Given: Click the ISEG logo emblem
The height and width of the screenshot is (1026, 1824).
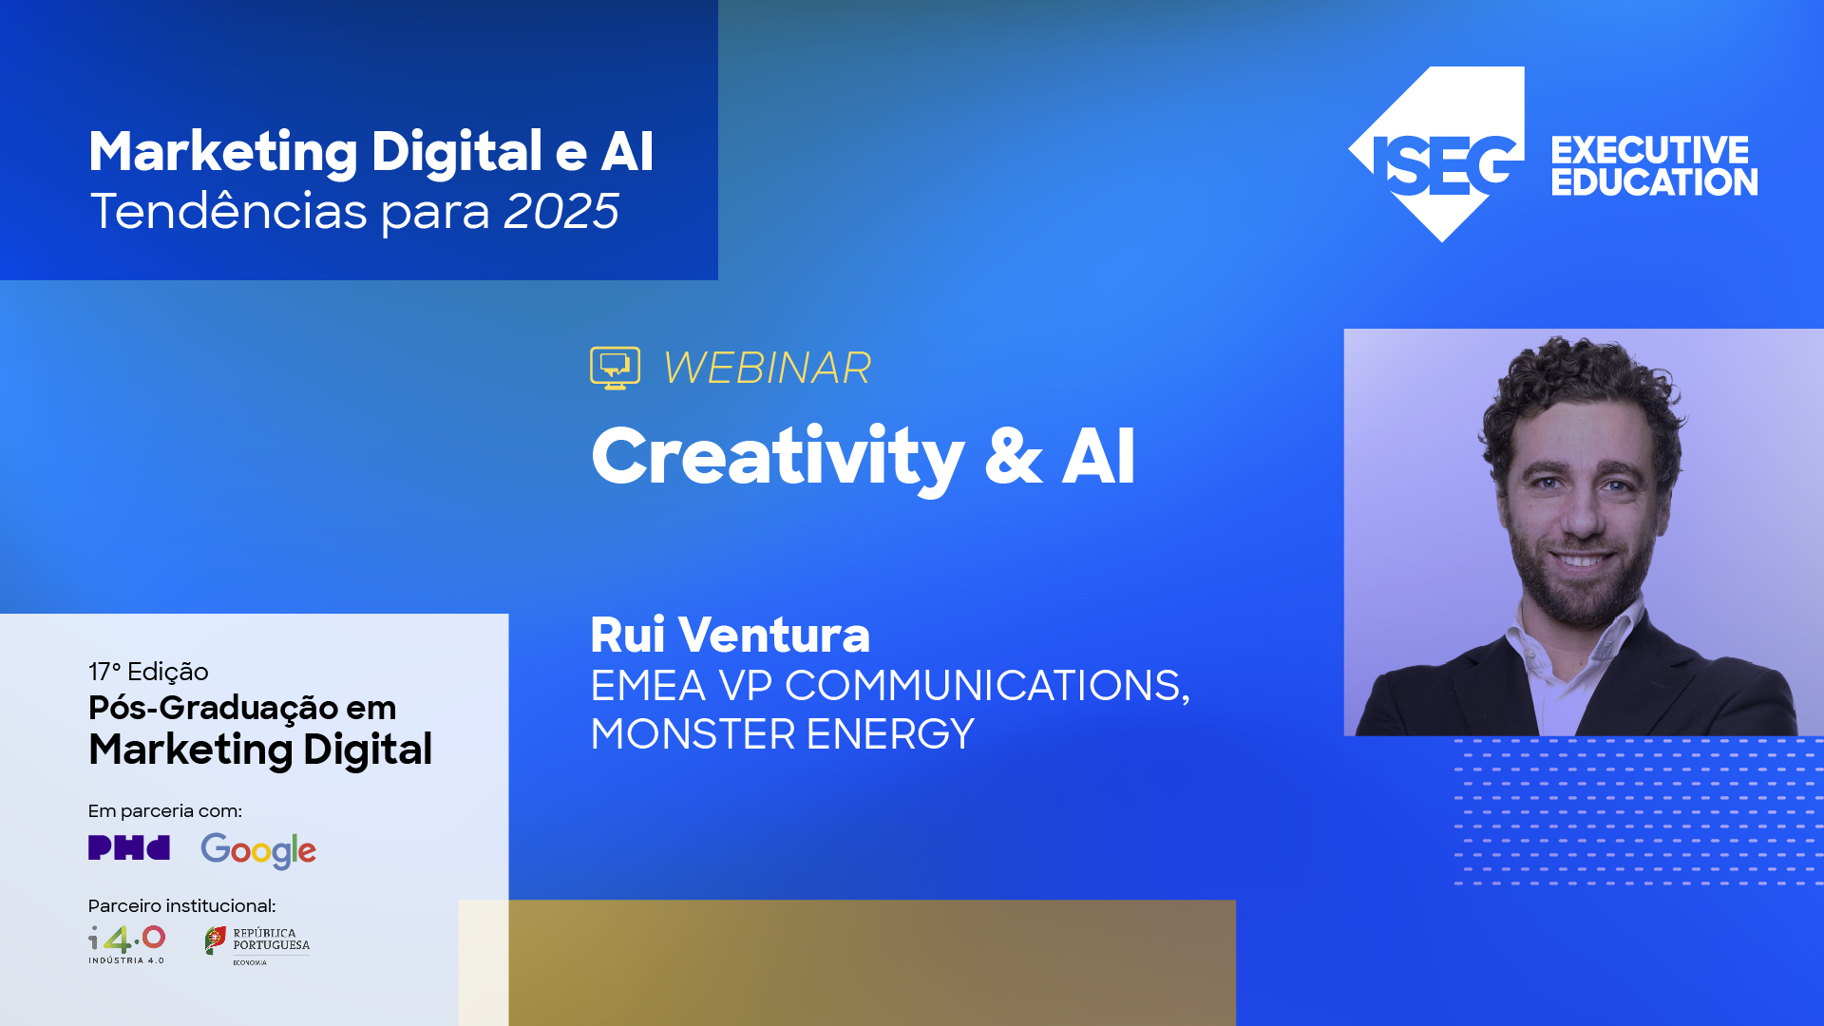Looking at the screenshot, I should point(1439,157).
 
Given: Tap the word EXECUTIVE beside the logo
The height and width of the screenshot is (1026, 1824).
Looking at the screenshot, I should point(1649,150).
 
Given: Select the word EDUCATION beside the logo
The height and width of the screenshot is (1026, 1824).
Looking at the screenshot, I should point(1654,182).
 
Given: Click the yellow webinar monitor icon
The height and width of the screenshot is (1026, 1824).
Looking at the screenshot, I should point(615,368).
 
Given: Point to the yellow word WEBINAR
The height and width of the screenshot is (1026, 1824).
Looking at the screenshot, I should point(767,369).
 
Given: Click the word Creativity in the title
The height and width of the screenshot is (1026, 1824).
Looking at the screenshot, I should point(777,458).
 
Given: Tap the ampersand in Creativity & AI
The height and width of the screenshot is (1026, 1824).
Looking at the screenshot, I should point(1013,458).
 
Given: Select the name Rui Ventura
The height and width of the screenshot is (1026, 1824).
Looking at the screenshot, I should point(730,635).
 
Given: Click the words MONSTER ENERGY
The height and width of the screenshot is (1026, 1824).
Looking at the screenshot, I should point(782,734).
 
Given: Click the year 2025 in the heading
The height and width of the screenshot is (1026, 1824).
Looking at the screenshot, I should point(560,211).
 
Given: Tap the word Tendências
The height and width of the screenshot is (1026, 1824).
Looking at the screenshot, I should point(228,211).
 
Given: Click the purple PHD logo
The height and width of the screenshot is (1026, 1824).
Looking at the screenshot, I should point(128,847).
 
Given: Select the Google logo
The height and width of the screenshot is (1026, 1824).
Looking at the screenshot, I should point(258,850).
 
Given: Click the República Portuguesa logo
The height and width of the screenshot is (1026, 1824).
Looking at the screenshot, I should point(257,944).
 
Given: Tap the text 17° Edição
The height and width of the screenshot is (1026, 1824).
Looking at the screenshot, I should point(148,672).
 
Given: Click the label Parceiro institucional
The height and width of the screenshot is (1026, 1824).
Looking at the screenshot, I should point(181,905).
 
